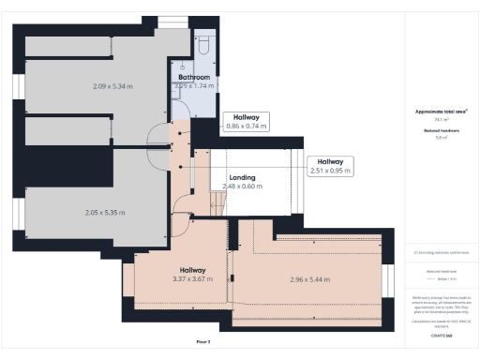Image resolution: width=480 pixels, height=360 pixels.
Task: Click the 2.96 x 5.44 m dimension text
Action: [308, 279]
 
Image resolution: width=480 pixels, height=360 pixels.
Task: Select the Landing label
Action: [244, 175]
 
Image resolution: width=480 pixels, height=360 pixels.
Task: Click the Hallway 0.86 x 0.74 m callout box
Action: [247, 122]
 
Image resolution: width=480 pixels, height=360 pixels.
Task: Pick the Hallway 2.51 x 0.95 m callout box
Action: [330, 166]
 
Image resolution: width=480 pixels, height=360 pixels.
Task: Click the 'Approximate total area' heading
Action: [441, 112]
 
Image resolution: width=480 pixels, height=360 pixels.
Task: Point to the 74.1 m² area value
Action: [441, 120]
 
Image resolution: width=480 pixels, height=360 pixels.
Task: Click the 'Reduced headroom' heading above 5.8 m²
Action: [441, 129]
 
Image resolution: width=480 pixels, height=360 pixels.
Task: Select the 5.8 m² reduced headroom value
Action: [441, 138]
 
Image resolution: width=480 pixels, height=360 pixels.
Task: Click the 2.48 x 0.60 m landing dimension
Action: [243, 186]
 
